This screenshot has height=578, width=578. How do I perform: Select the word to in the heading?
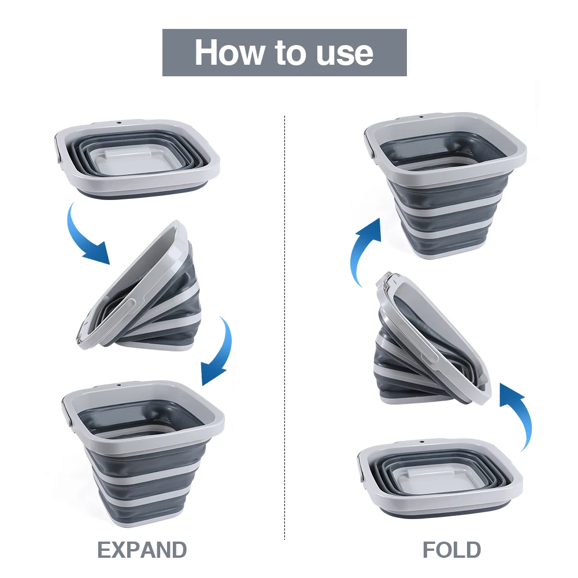288,53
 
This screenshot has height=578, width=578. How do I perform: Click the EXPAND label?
142,550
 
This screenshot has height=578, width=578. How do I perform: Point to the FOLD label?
451,550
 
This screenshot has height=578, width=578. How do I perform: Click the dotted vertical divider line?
285,324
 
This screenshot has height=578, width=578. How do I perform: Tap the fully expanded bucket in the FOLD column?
445,185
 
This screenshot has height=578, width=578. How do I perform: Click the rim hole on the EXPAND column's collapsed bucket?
120,123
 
